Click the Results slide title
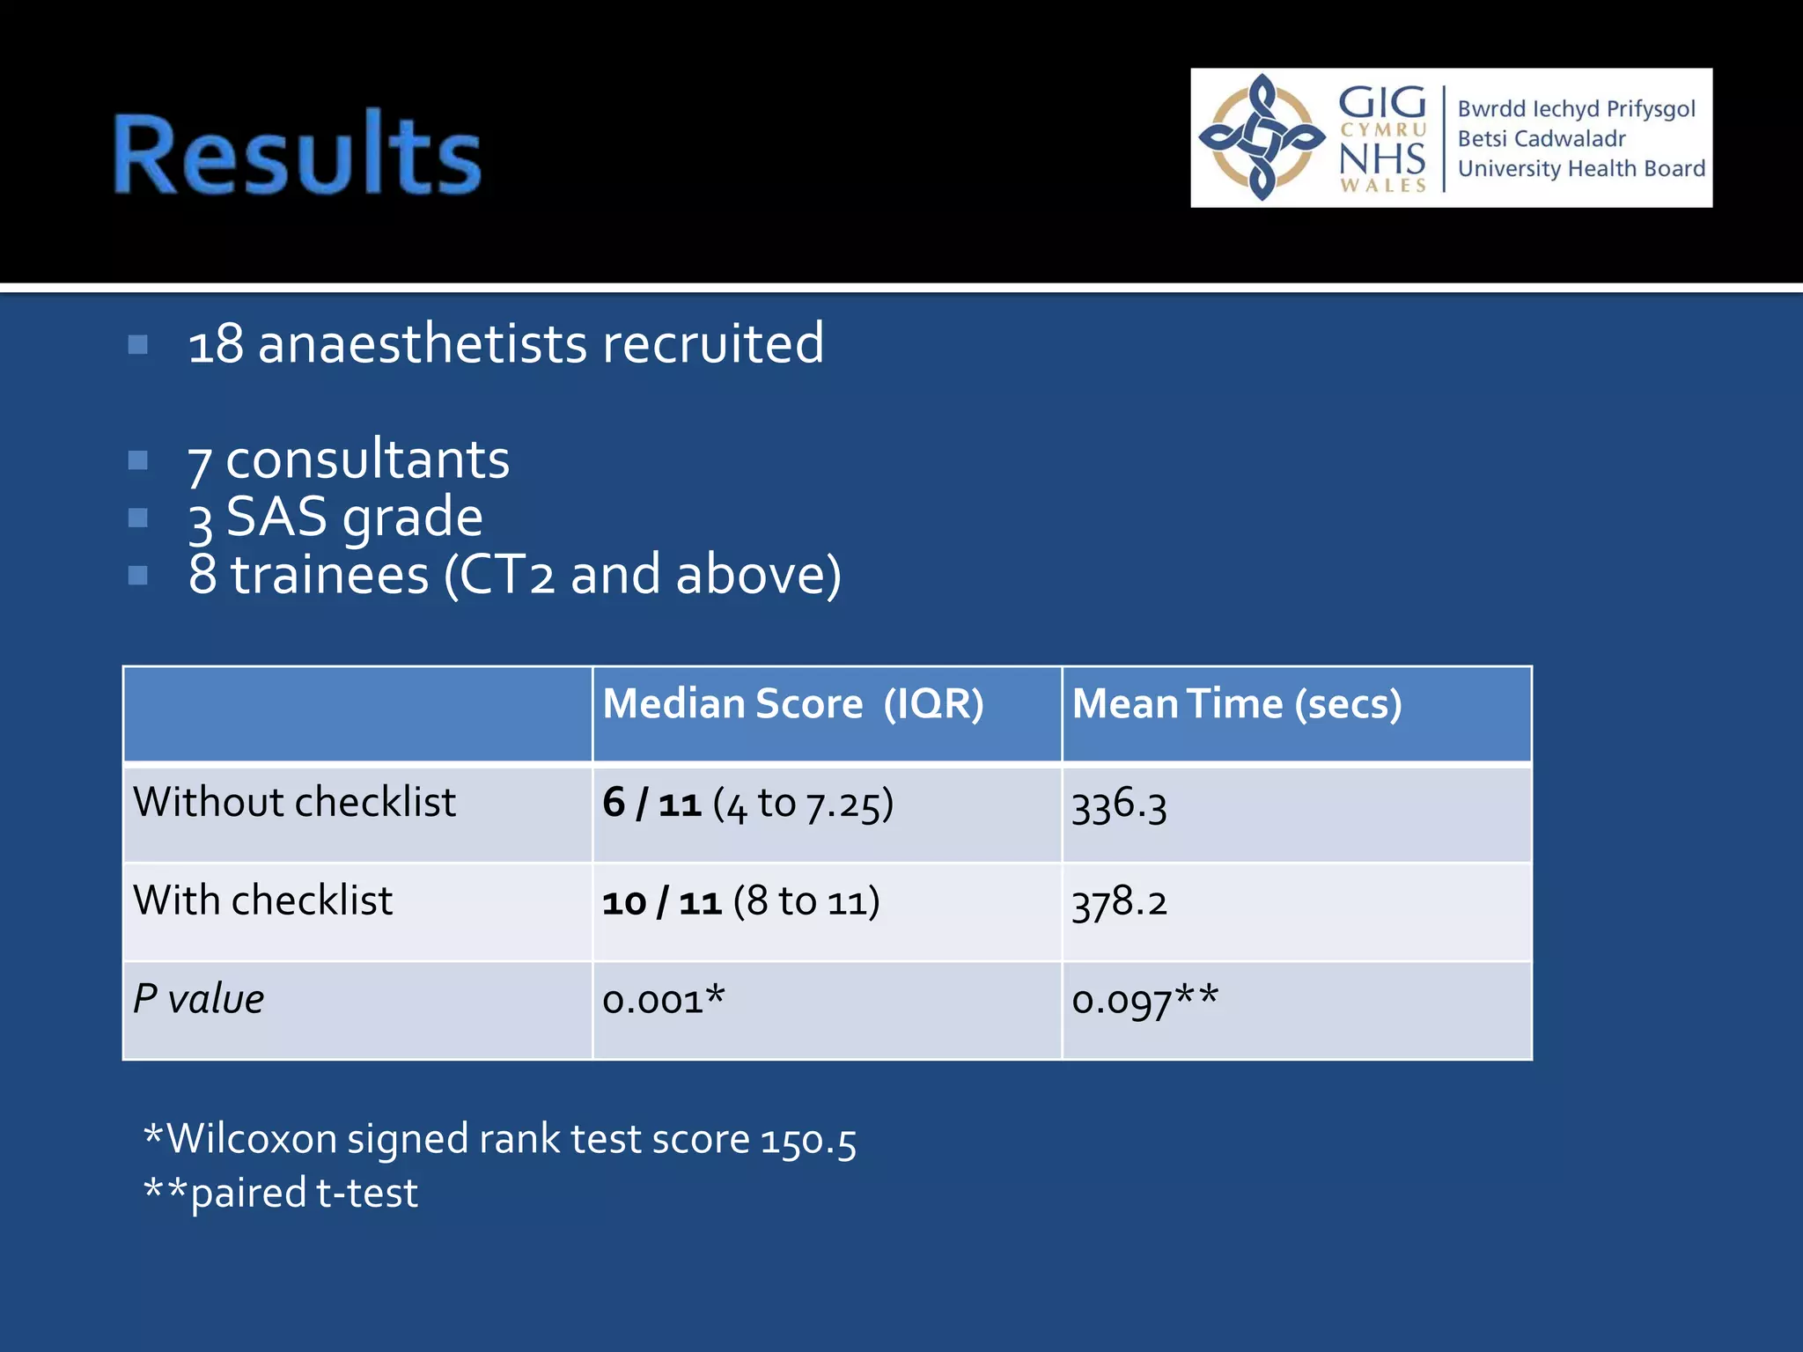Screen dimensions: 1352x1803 click(298, 155)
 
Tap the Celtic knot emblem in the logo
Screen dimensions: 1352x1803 click(1262, 137)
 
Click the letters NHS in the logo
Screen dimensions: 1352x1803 click(1381, 159)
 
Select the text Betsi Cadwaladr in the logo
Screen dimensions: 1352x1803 click(1541, 139)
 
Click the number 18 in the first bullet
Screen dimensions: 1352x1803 click(216, 344)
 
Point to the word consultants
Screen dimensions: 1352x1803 click(367, 459)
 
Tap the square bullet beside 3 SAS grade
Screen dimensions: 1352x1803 click(138, 518)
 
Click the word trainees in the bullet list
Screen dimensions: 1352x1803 click(330, 575)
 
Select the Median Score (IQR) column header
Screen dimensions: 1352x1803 click(792, 704)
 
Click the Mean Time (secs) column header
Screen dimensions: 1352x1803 click(1236, 704)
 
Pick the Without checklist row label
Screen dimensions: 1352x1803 click(294, 803)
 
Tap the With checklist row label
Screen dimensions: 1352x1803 click(262, 901)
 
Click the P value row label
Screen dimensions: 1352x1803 click(198, 999)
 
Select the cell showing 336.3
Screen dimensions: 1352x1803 click(1119, 805)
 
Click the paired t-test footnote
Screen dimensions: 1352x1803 click(303, 1194)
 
